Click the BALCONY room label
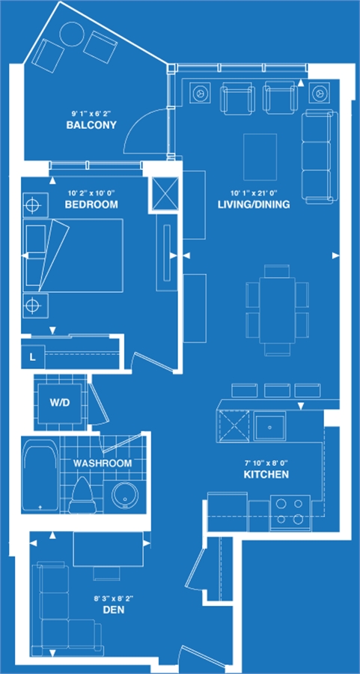(91, 126)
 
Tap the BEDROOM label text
(91, 204)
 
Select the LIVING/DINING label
(254, 204)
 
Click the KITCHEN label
(266, 475)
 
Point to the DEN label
(114, 609)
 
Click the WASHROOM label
(103, 463)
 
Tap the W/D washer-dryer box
(60, 403)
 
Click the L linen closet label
(33, 357)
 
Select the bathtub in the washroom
(40, 475)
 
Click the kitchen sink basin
(269, 426)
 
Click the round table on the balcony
(71, 34)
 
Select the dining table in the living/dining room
(277, 310)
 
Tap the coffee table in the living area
(260, 157)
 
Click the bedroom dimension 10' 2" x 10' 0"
(91, 193)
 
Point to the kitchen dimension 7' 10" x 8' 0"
(266, 464)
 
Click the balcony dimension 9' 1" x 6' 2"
(91, 114)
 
